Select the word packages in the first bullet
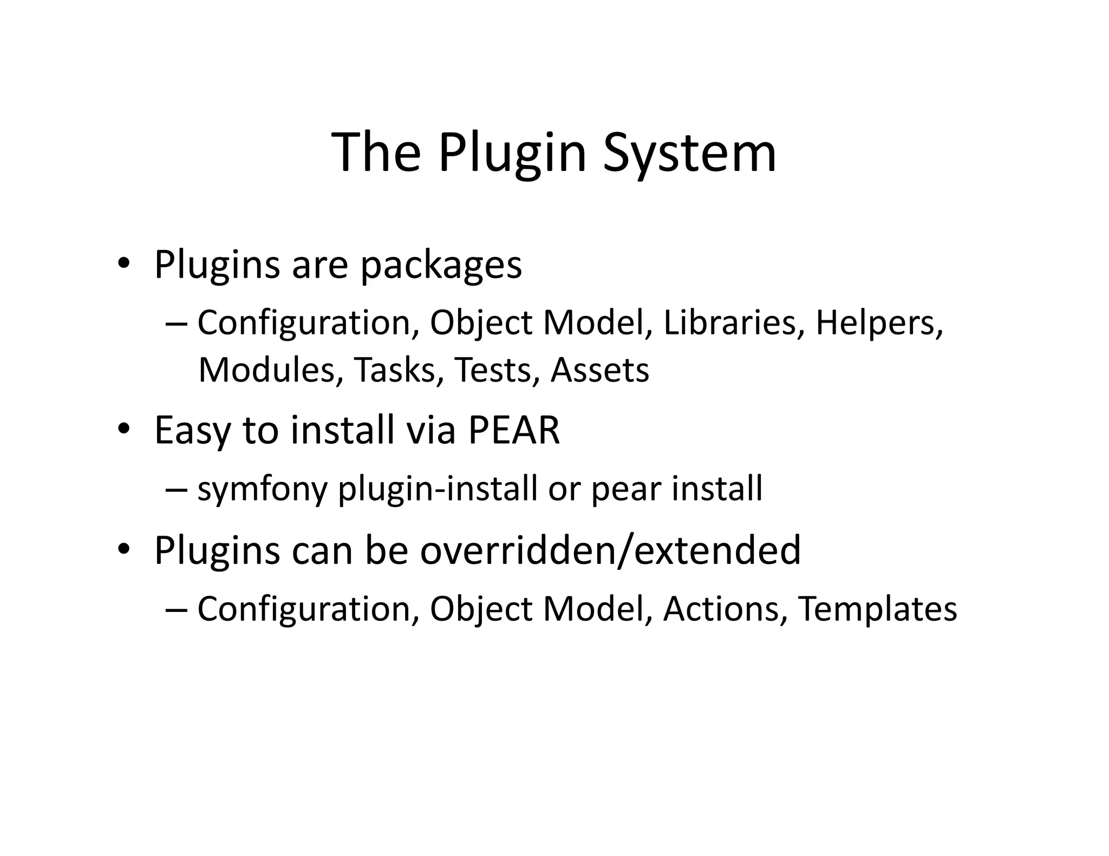pyautogui.click(x=441, y=266)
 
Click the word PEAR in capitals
pyautogui.click(x=513, y=431)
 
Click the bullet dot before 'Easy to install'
pyautogui.click(x=123, y=429)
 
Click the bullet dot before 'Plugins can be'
pyautogui.click(x=123, y=549)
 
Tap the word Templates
pyautogui.click(x=877, y=610)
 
